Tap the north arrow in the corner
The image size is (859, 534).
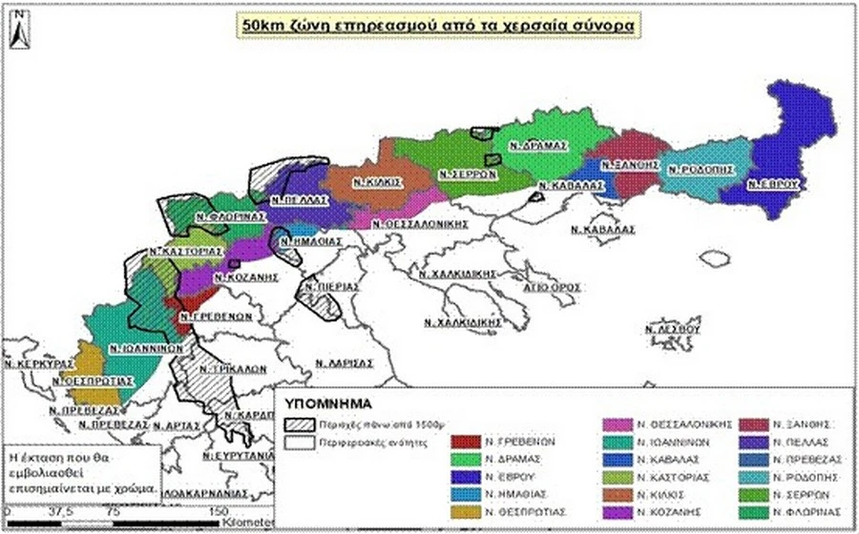[21, 31]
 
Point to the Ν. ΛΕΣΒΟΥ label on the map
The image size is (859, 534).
[674, 328]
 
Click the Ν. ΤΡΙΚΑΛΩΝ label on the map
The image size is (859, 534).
[222, 367]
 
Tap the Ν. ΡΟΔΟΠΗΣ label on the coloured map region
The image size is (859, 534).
[702, 169]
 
